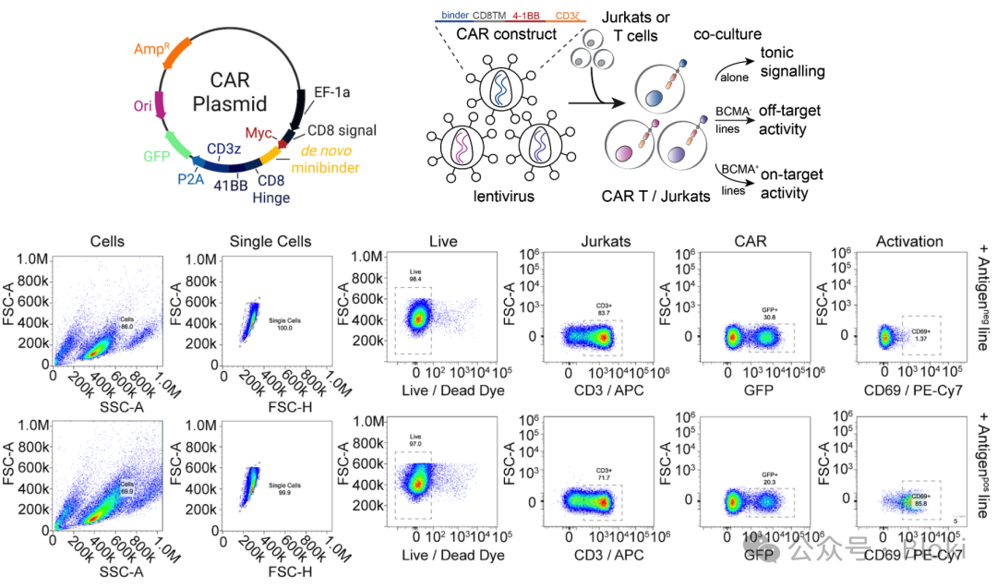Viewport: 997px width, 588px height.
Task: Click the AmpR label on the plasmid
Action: click(152, 49)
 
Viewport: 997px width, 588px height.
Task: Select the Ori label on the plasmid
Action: click(142, 106)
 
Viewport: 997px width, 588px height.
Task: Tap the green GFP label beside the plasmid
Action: click(157, 155)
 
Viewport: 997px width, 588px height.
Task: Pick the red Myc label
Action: click(259, 134)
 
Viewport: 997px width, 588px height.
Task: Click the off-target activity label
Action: click(789, 120)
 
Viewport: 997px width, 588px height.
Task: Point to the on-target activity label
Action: click(788, 185)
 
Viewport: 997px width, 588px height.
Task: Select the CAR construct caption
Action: click(507, 34)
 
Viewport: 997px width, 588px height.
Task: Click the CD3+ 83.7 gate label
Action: click(603, 315)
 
